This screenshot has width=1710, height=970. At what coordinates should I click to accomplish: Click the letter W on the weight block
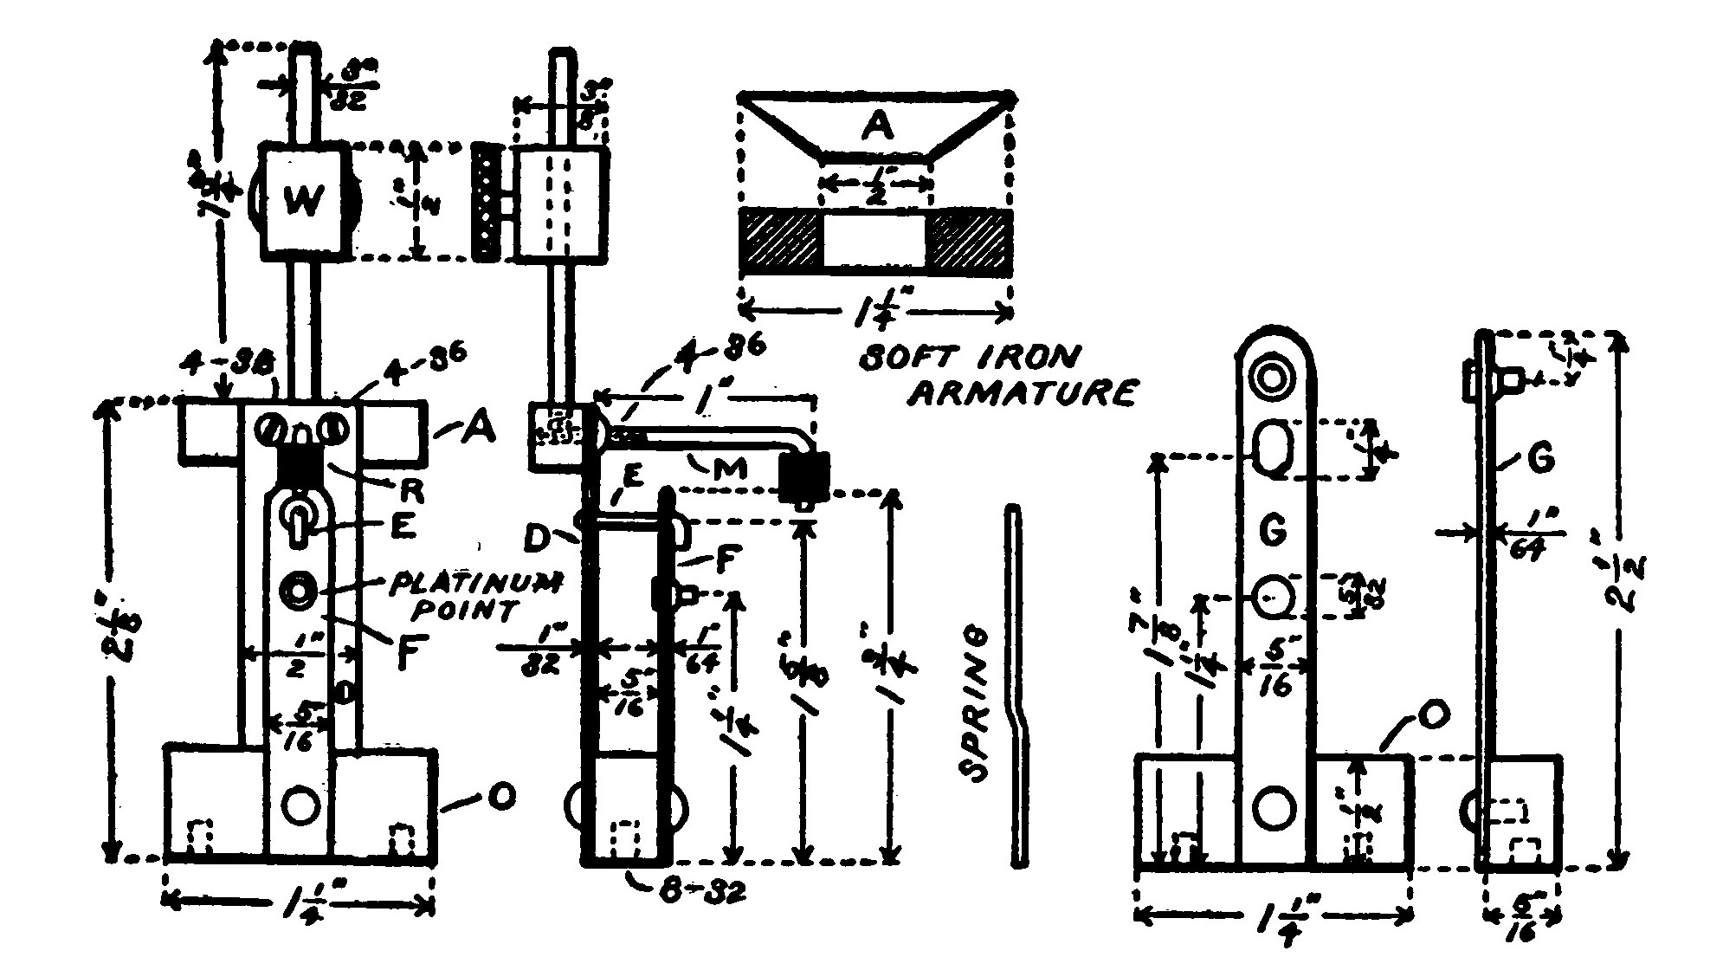point(304,202)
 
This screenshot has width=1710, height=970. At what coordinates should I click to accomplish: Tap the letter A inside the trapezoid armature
point(876,126)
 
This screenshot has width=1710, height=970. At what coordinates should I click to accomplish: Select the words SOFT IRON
point(969,358)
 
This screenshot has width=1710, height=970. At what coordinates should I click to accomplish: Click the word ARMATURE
point(1024,394)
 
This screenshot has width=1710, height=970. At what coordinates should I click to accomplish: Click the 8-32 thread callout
point(692,890)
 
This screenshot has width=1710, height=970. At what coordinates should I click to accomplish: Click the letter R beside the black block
point(411,491)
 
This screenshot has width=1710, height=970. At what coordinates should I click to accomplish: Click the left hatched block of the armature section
point(780,240)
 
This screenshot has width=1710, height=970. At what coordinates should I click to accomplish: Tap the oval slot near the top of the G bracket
point(1274,447)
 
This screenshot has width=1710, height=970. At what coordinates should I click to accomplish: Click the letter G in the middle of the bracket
point(1273,531)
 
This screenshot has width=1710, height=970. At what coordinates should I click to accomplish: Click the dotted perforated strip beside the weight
point(487,202)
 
